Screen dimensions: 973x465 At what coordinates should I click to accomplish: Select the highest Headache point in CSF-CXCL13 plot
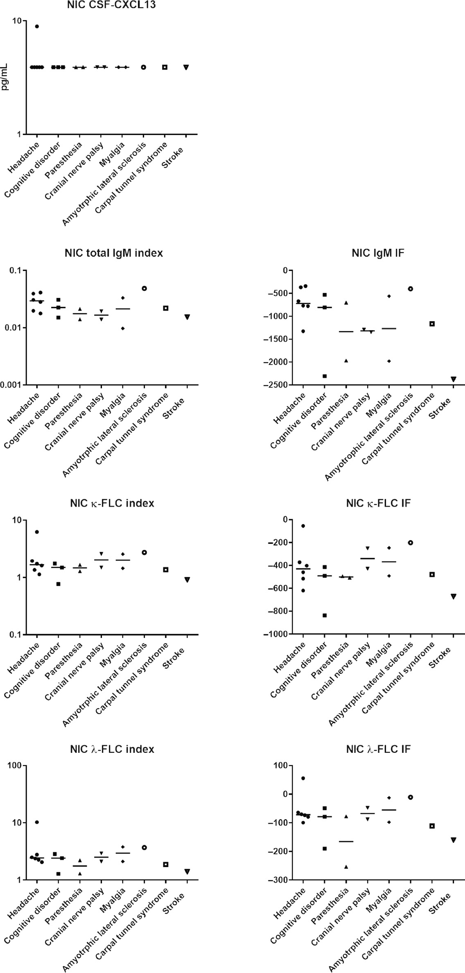[37, 27]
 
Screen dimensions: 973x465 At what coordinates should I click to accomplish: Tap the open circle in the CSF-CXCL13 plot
[143, 67]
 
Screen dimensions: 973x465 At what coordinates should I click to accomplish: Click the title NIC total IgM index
[113, 253]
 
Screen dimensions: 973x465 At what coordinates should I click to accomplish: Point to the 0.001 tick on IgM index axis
[13, 385]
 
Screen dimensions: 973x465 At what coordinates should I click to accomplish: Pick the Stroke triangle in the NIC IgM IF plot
[453, 379]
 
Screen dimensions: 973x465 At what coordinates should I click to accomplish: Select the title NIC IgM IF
[378, 253]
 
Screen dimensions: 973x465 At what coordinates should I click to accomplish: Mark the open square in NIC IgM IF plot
[432, 324]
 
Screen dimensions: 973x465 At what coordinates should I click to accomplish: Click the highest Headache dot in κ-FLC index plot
[37, 532]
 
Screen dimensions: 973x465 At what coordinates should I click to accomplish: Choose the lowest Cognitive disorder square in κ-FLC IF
[325, 615]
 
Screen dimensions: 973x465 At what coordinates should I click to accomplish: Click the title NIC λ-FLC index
[112, 749]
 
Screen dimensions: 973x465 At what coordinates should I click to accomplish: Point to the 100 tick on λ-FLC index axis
[15, 766]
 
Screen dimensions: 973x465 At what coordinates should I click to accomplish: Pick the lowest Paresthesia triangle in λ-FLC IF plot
[346, 867]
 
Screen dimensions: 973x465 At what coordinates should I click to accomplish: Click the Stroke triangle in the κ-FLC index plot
[187, 580]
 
